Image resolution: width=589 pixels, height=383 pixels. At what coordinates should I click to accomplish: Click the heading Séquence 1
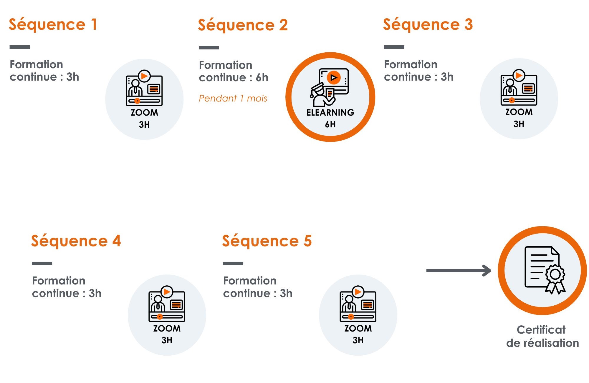point(53,24)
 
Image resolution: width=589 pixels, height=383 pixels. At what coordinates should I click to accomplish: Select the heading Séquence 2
point(243,25)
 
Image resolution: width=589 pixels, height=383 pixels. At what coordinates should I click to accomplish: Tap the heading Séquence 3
point(428,24)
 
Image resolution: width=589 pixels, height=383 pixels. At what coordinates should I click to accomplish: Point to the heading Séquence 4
point(76,241)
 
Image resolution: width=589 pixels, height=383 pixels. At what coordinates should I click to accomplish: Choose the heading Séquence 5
point(267,241)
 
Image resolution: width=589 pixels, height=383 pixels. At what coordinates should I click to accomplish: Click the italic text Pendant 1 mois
point(233,98)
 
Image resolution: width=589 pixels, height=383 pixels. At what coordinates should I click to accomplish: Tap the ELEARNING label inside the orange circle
point(330,112)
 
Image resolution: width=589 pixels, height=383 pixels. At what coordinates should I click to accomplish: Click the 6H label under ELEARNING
point(330,124)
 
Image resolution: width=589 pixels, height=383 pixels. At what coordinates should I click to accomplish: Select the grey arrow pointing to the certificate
point(458,271)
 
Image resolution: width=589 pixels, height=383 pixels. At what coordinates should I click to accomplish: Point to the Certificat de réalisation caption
point(542,337)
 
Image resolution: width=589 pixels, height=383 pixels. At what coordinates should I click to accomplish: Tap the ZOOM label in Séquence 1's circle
point(144,113)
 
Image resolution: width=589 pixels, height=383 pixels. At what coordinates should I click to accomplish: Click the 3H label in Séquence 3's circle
point(519,124)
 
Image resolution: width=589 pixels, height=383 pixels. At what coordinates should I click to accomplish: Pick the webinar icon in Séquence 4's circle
point(167,304)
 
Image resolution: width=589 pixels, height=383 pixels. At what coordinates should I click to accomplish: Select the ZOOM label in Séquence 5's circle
point(358,329)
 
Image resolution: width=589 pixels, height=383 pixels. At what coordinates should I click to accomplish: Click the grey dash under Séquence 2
point(209,48)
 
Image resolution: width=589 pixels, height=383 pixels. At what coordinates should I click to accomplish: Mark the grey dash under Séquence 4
point(42,264)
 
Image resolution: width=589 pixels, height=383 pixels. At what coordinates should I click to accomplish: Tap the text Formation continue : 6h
point(234,71)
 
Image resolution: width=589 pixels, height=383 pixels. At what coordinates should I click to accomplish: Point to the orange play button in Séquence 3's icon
point(519,75)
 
